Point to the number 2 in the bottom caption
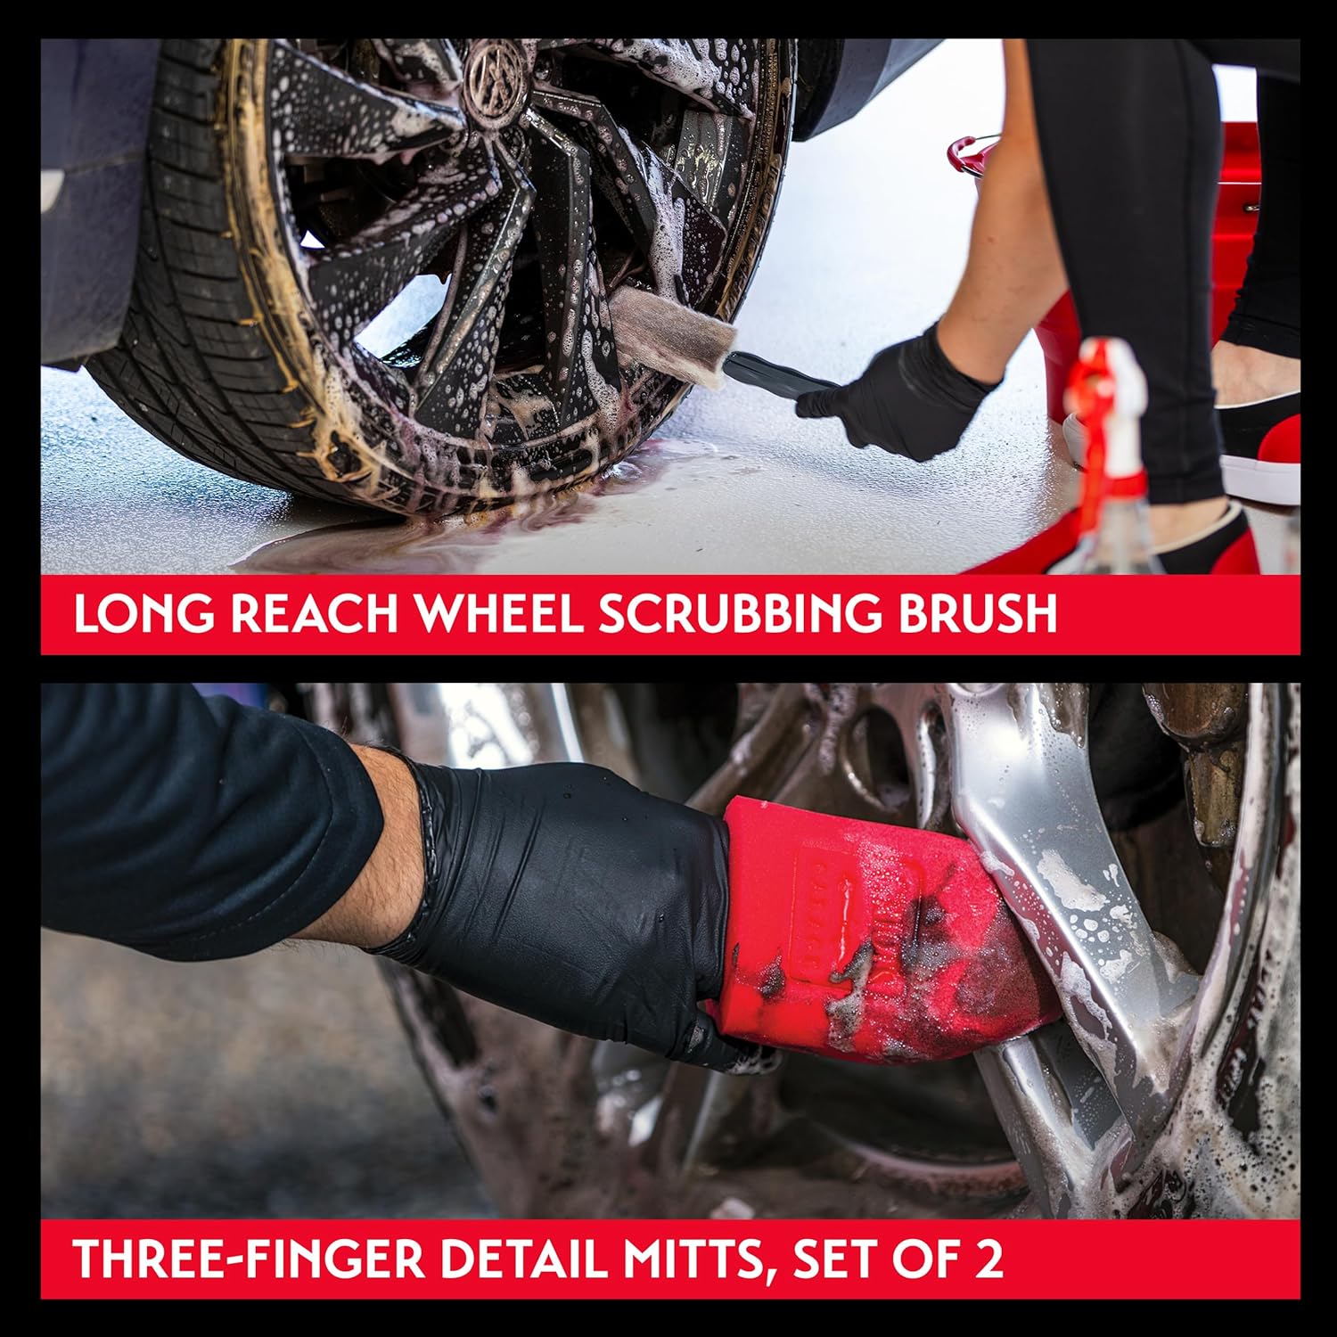tap(986, 1259)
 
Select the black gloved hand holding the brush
tap(896, 397)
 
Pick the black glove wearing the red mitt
tap(570, 900)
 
